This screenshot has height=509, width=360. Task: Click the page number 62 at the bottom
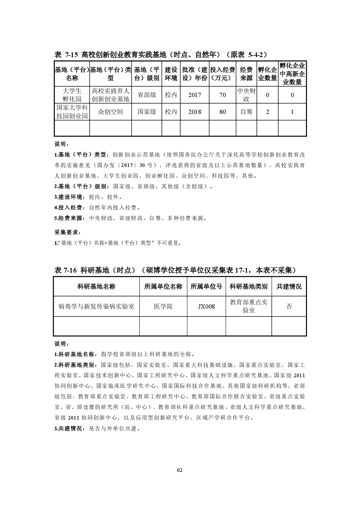click(180, 470)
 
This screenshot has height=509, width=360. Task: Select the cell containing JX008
click(206, 306)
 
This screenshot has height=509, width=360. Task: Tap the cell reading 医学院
click(163, 306)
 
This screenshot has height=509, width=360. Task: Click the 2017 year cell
click(195, 95)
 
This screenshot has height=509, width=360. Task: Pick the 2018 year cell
click(195, 112)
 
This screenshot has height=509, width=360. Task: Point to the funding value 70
click(222, 95)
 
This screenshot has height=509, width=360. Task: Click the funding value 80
click(222, 112)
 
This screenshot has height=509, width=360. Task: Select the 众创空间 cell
click(111, 112)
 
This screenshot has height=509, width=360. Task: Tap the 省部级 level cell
click(147, 95)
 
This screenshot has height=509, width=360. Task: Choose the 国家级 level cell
click(147, 112)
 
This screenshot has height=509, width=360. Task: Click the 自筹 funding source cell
click(246, 112)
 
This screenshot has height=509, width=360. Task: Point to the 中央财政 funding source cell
click(246, 95)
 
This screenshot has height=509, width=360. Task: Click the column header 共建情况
click(289, 287)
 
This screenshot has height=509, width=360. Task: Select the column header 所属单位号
click(206, 287)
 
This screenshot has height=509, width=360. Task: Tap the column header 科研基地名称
click(96, 287)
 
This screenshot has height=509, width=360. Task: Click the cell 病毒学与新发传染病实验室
click(96, 306)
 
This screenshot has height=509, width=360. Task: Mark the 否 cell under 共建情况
click(289, 306)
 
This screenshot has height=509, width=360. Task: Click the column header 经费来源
click(246, 74)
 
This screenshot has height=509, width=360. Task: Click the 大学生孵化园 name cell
click(72, 95)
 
